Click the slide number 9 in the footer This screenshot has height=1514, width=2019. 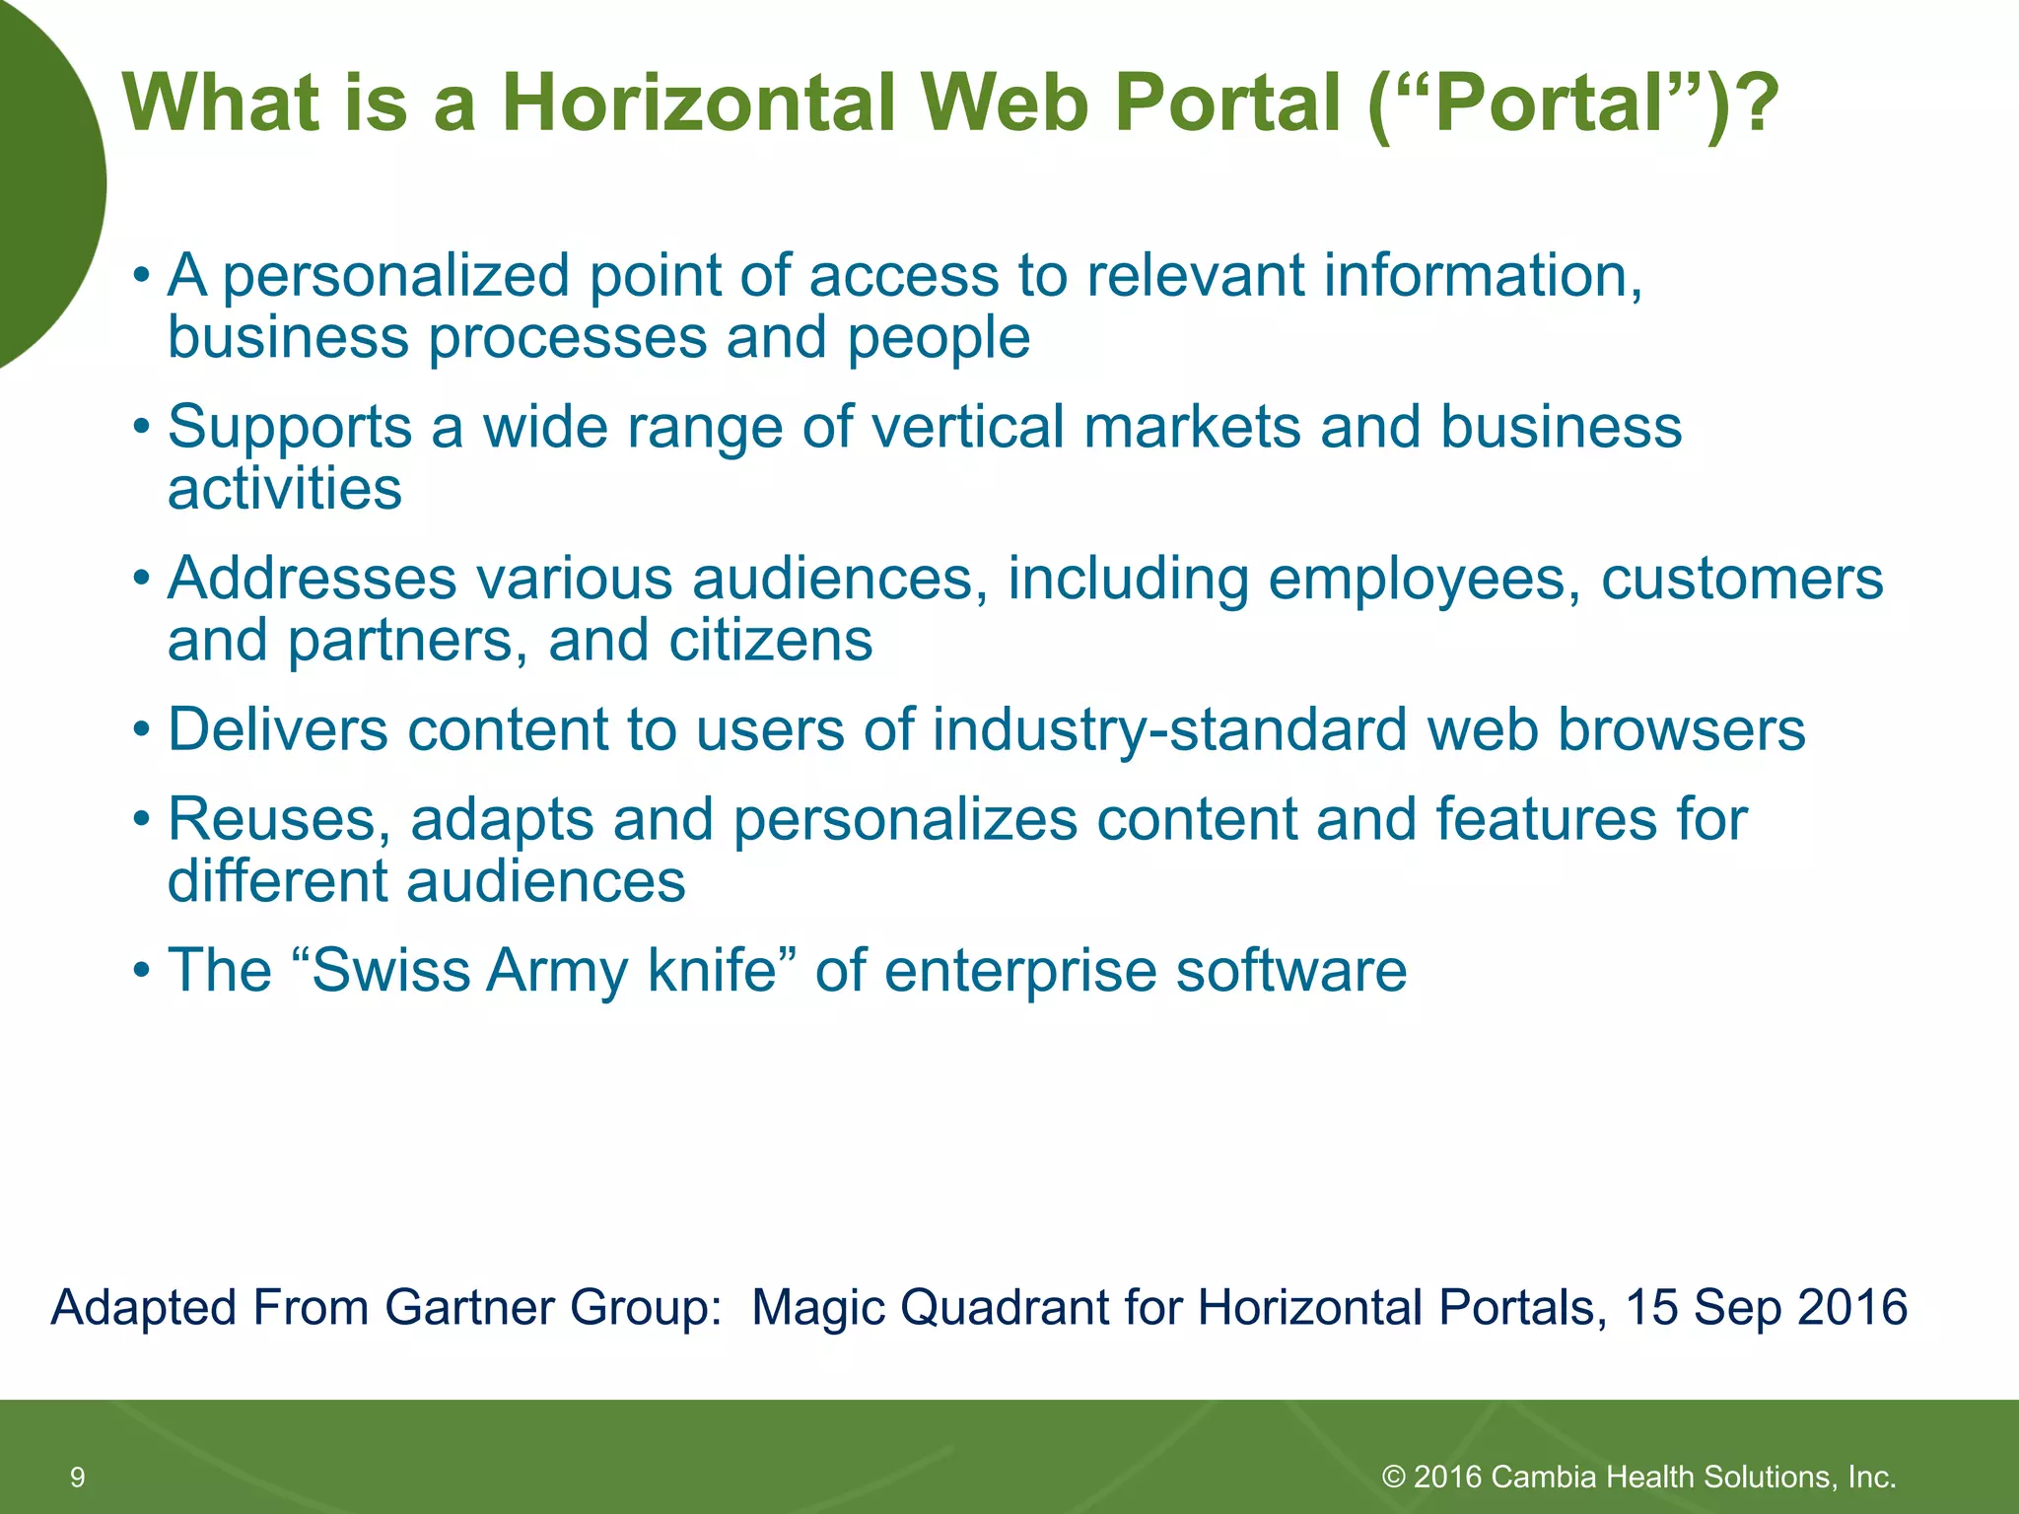click(78, 1477)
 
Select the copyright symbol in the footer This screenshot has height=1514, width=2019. click(1393, 1477)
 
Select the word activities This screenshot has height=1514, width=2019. click(285, 489)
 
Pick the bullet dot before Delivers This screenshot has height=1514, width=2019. click(143, 731)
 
